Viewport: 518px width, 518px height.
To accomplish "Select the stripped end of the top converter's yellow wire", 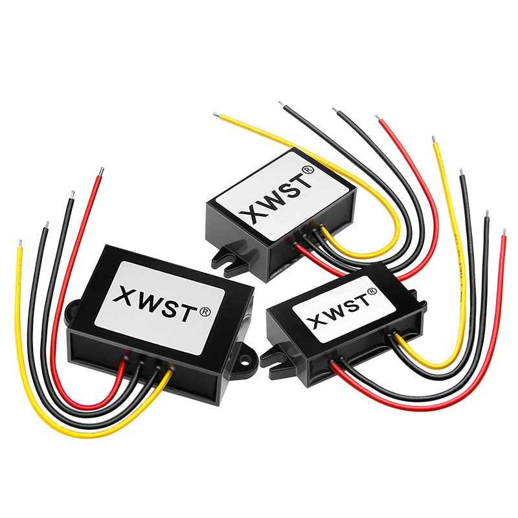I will [x=216, y=116].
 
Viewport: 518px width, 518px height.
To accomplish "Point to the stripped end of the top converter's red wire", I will [x=378, y=118].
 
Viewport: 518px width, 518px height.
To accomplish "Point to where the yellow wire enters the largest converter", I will [x=170, y=371].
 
